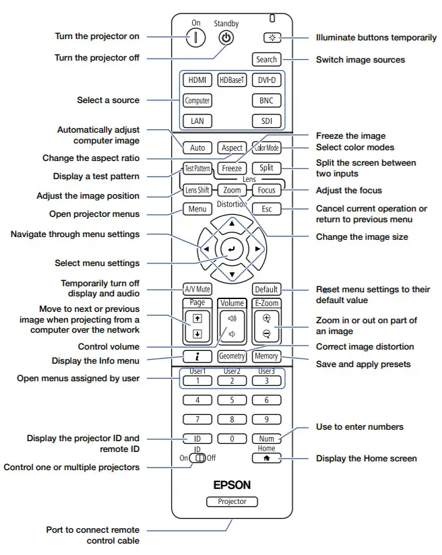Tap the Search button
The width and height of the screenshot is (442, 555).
(266, 59)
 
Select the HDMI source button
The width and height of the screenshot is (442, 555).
(197, 80)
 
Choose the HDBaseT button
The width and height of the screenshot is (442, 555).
(232, 80)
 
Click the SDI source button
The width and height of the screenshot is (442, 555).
(266, 121)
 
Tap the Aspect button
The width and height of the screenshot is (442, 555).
(232, 148)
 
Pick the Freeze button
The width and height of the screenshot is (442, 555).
(232, 168)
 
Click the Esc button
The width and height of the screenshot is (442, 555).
(266, 209)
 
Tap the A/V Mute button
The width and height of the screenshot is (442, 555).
(197, 289)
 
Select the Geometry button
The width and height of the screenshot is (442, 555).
(232, 356)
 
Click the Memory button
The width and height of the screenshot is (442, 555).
(266, 356)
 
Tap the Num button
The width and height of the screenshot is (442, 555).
(266, 438)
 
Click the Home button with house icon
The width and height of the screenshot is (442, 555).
(266, 458)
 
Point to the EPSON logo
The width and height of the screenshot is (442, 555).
(232, 484)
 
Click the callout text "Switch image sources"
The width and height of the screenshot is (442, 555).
(360, 59)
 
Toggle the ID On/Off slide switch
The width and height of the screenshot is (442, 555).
(197, 458)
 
